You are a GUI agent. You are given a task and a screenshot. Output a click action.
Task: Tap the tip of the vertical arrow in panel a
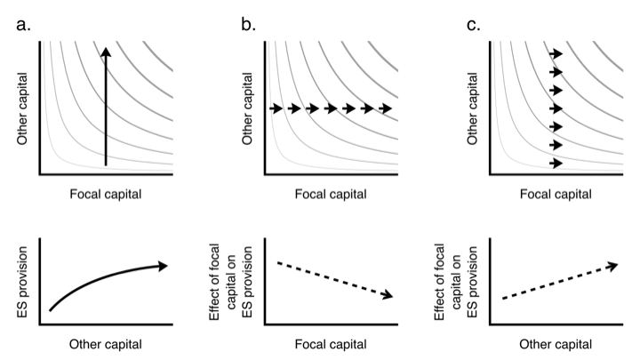pyautogui.click(x=106, y=51)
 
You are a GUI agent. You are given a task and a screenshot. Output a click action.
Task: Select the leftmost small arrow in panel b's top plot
pyautogui.click(x=276, y=108)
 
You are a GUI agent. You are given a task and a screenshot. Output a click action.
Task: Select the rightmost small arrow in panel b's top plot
pyautogui.click(x=385, y=108)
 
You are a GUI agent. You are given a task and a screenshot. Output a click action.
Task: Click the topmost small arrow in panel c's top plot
pyautogui.click(x=556, y=54)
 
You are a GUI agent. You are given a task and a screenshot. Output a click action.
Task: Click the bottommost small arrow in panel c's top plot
pyautogui.click(x=556, y=164)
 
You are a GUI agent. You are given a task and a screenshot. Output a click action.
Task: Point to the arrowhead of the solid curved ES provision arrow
pyautogui.click(x=163, y=264)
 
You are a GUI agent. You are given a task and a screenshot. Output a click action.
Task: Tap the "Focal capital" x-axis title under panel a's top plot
pyautogui.click(x=107, y=193)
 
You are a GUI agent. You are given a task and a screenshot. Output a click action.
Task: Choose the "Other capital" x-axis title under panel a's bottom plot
pyautogui.click(x=107, y=344)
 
